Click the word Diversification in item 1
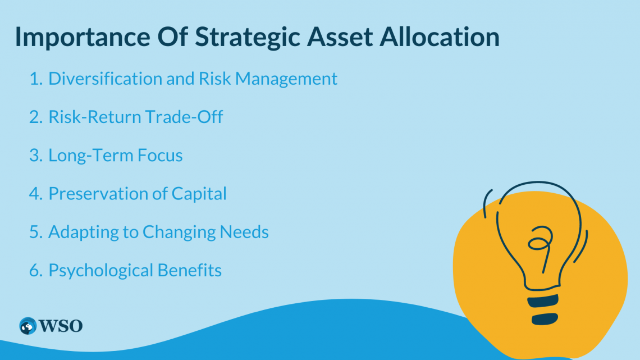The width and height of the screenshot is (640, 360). tap(106, 79)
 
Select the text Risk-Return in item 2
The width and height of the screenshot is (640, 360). tap(95, 117)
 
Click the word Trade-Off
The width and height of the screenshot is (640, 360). tap(184, 117)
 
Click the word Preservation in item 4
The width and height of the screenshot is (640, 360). tap(93, 194)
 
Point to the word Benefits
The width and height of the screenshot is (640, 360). tap(189, 271)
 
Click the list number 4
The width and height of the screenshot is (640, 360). tap(35, 194)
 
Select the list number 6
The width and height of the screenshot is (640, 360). tap(35, 271)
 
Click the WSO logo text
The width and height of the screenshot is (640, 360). tap(61, 325)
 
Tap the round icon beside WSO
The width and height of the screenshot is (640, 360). tap(27, 325)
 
